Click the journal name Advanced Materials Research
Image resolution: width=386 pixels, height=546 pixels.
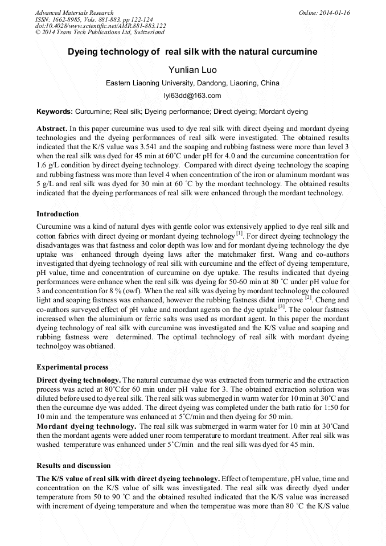pyautogui.click(x=74, y=13)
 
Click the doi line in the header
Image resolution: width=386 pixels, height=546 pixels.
pyautogui.click(x=100, y=26)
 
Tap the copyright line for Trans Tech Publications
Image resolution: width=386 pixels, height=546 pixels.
pyautogui.click(x=100, y=32)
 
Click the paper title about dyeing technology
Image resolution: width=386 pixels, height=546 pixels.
pyautogui.click(x=192, y=52)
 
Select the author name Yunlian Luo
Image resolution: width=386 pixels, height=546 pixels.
pyautogui.click(x=192, y=69)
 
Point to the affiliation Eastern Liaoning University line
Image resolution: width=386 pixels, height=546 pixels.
pyautogui.click(x=192, y=83)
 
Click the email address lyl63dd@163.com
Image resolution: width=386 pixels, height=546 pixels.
pyautogui.click(x=192, y=96)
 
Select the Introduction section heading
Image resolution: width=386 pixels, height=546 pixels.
pyautogui.click(x=58, y=214)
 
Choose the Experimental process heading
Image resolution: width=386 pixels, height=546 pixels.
pyautogui.click(x=72, y=367)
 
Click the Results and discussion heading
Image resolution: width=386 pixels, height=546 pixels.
pyautogui.click(x=73, y=466)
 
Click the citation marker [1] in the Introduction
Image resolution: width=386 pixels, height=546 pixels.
pyautogui.click(x=240, y=233)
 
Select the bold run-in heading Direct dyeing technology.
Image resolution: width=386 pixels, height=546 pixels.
pyautogui.click(x=79, y=380)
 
